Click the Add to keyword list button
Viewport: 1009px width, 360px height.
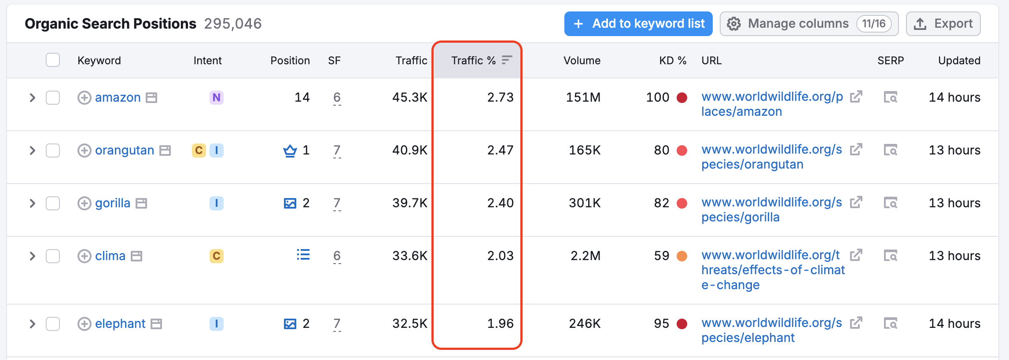638,24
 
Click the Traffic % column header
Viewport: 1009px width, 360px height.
473,60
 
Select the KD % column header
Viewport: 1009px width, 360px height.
672,60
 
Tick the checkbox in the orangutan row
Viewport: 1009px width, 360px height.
53,151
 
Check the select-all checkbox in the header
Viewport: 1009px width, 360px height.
53,60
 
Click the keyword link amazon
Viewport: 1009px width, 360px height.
118,97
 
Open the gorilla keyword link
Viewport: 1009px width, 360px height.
113,203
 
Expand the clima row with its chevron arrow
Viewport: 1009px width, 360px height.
32,256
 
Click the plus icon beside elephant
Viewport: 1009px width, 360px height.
84,324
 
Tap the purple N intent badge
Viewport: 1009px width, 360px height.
216,97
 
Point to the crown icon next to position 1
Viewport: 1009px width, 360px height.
290,151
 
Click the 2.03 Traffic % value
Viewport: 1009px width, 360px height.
500,256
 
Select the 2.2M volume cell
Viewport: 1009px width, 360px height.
585,256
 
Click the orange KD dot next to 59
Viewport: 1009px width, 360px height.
682,256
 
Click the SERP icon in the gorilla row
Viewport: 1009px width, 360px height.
890,203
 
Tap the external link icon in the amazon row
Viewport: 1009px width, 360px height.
856,97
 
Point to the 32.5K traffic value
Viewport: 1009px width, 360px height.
409,323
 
